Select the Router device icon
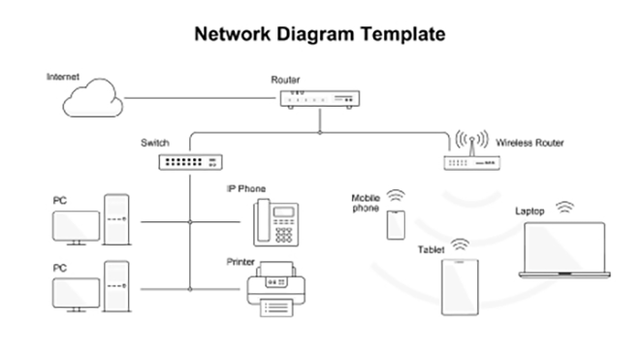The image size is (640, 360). click(319, 99)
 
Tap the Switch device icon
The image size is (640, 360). click(190, 162)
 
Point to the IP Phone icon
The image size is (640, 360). click(274, 221)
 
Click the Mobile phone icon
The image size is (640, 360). click(395, 224)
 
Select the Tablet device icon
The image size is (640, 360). click(460, 285)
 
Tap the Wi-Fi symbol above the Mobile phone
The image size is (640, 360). click(395, 196)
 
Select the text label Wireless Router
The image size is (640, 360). click(529, 143)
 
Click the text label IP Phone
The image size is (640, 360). click(245, 188)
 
